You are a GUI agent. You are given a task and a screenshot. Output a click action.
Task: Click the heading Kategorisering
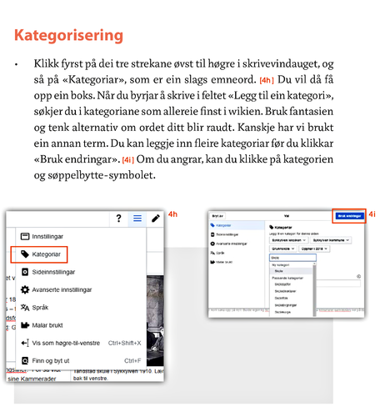(x=69, y=36)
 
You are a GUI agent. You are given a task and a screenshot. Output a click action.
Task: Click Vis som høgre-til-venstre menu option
(x=78, y=343)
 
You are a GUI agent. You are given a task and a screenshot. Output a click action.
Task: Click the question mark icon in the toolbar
(x=118, y=219)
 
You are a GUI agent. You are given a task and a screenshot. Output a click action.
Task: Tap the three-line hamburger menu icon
(x=137, y=219)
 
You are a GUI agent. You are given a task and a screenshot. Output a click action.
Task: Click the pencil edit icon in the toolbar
(x=155, y=219)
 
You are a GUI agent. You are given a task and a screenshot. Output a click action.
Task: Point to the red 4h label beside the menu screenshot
(x=172, y=215)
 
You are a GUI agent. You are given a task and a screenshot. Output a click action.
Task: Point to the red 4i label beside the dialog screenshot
(x=372, y=214)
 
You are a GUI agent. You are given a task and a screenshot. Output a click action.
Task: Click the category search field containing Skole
(x=292, y=259)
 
